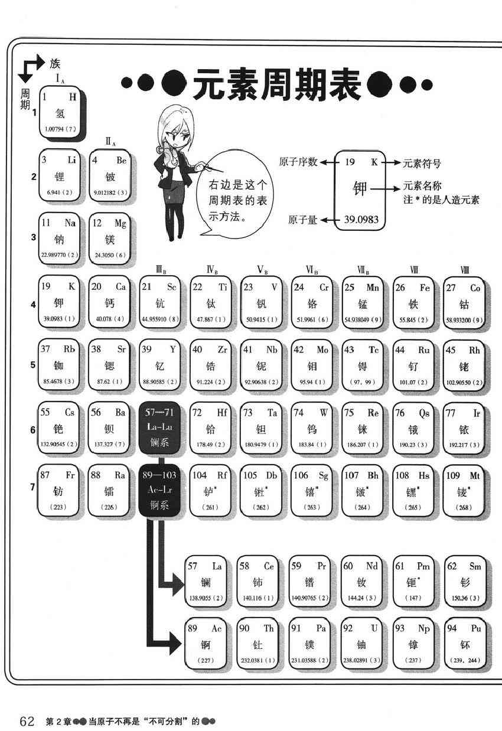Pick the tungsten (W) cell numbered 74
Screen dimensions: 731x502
click(311, 429)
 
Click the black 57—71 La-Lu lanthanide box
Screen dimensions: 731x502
click(160, 429)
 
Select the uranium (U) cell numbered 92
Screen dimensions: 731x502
click(362, 644)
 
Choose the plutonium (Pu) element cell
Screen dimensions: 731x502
click(464, 644)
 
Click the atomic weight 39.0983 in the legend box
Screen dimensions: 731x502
click(361, 220)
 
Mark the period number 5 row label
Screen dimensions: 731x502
click(34, 364)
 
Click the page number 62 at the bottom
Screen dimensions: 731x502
click(28, 721)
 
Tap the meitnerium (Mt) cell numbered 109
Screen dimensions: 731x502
click(464, 491)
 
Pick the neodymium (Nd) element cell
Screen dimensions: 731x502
click(362, 582)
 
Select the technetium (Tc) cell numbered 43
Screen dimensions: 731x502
click(362, 366)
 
